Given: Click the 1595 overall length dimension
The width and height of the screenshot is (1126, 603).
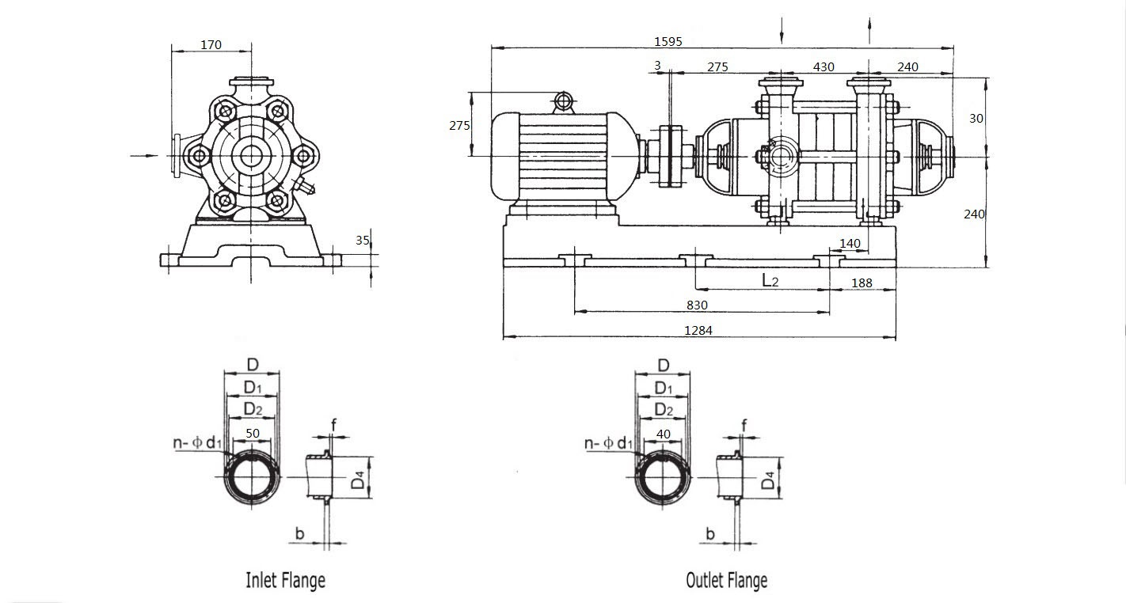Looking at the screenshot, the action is pyautogui.click(x=668, y=42).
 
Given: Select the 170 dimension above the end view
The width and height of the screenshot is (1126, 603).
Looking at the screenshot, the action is pyautogui.click(x=211, y=45).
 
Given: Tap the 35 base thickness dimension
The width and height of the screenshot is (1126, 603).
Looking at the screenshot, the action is pyautogui.click(x=363, y=241).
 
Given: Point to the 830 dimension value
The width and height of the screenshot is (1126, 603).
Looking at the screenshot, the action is pyautogui.click(x=697, y=305).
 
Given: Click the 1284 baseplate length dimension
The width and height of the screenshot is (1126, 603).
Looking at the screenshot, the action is pyautogui.click(x=698, y=330).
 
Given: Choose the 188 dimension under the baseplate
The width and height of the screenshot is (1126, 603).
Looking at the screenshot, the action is pyautogui.click(x=862, y=283).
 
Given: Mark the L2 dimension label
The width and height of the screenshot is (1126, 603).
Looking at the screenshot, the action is pyautogui.click(x=770, y=280).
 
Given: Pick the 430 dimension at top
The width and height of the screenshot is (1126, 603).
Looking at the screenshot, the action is pyautogui.click(x=824, y=66).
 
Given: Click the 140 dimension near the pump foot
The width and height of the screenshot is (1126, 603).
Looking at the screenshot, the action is pyautogui.click(x=850, y=243).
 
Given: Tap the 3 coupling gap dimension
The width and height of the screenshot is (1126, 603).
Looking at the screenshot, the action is pyautogui.click(x=657, y=66).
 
